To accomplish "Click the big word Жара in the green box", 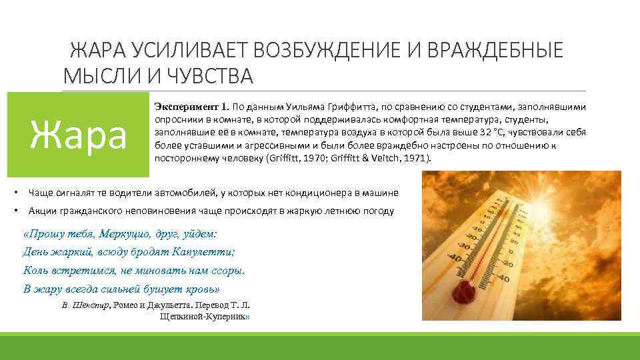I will [79, 135].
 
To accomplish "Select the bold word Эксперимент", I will [181, 107].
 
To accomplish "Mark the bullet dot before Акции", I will [16, 211].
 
